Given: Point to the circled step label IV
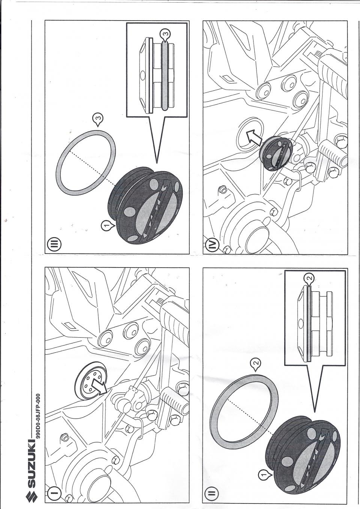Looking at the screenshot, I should (x=212, y=246).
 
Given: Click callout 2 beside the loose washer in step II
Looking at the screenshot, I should (x=255, y=362).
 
